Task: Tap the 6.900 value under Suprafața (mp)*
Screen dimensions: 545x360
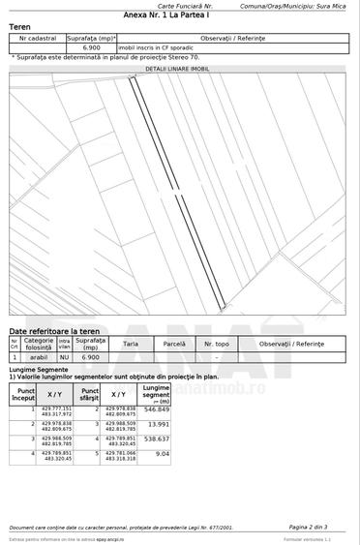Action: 92,46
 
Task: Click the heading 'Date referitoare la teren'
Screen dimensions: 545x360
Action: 48,331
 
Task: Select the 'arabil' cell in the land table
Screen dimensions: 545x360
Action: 39,357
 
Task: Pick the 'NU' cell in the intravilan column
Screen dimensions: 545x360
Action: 64,357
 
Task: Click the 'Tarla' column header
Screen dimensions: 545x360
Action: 131,344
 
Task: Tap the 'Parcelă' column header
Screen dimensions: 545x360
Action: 174,344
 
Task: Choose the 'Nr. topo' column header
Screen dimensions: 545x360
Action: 217,344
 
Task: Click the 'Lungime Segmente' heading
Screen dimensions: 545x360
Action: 39,370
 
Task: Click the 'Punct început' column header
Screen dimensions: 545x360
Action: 23,394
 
